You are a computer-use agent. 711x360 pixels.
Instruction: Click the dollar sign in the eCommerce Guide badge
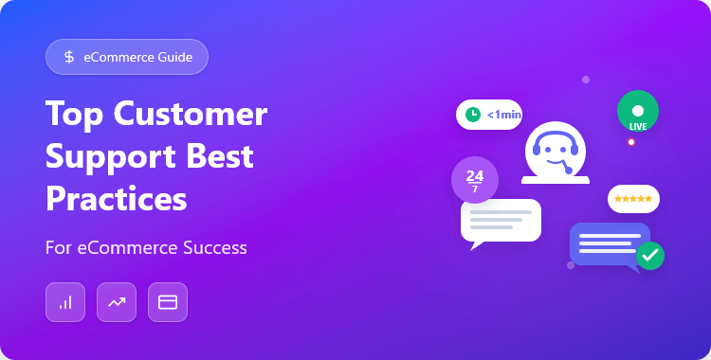(x=69, y=57)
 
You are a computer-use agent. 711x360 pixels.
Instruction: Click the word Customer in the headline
(x=192, y=114)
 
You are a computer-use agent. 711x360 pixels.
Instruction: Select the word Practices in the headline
(x=116, y=198)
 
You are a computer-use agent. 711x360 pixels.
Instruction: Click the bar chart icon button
(x=65, y=302)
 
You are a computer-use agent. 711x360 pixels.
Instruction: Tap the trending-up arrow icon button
(x=117, y=302)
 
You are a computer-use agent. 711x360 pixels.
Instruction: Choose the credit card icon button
(x=168, y=302)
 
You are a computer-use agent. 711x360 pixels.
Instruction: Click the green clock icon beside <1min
(x=472, y=115)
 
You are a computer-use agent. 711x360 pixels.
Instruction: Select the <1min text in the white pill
(x=503, y=115)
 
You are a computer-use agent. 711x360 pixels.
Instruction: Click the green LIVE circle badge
(x=637, y=112)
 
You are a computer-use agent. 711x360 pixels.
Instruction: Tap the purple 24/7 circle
(x=475, y=178)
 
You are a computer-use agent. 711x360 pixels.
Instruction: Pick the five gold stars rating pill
(x=633, y=199)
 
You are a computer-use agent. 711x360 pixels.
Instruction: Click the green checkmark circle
(x=650, y=255)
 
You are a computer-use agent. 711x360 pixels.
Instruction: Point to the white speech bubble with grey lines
(x=500, y=220)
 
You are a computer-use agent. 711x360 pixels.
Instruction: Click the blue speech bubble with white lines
(x=608, y=243)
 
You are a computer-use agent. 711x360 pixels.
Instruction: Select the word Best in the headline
(x=219, y=155)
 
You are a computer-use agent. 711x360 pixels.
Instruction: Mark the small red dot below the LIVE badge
(x=631, y=142)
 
